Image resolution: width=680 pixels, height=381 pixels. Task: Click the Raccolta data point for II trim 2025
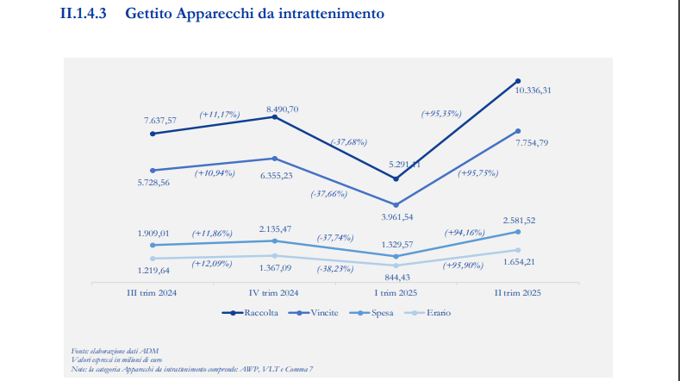pos(518,80)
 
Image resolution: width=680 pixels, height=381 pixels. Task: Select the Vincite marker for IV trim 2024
pos(274,159)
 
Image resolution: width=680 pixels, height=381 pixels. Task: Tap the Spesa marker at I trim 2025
pos(396,256)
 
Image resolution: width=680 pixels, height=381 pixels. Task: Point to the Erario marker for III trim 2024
pos(152,259)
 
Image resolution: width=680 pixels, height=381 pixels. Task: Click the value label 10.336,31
pos(533,90)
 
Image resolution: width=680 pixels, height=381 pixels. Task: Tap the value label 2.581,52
pos(519,221)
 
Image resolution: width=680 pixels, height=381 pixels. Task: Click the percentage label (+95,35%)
pos(441,113)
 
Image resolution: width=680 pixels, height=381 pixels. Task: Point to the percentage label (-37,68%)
pos(348,141)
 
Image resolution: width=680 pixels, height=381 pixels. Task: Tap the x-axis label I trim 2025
pos(396,292)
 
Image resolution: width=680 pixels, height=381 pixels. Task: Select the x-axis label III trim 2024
pos(152,292)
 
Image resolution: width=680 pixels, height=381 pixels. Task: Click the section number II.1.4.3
pos(82,15)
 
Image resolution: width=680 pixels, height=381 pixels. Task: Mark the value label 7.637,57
pos(160,120)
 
